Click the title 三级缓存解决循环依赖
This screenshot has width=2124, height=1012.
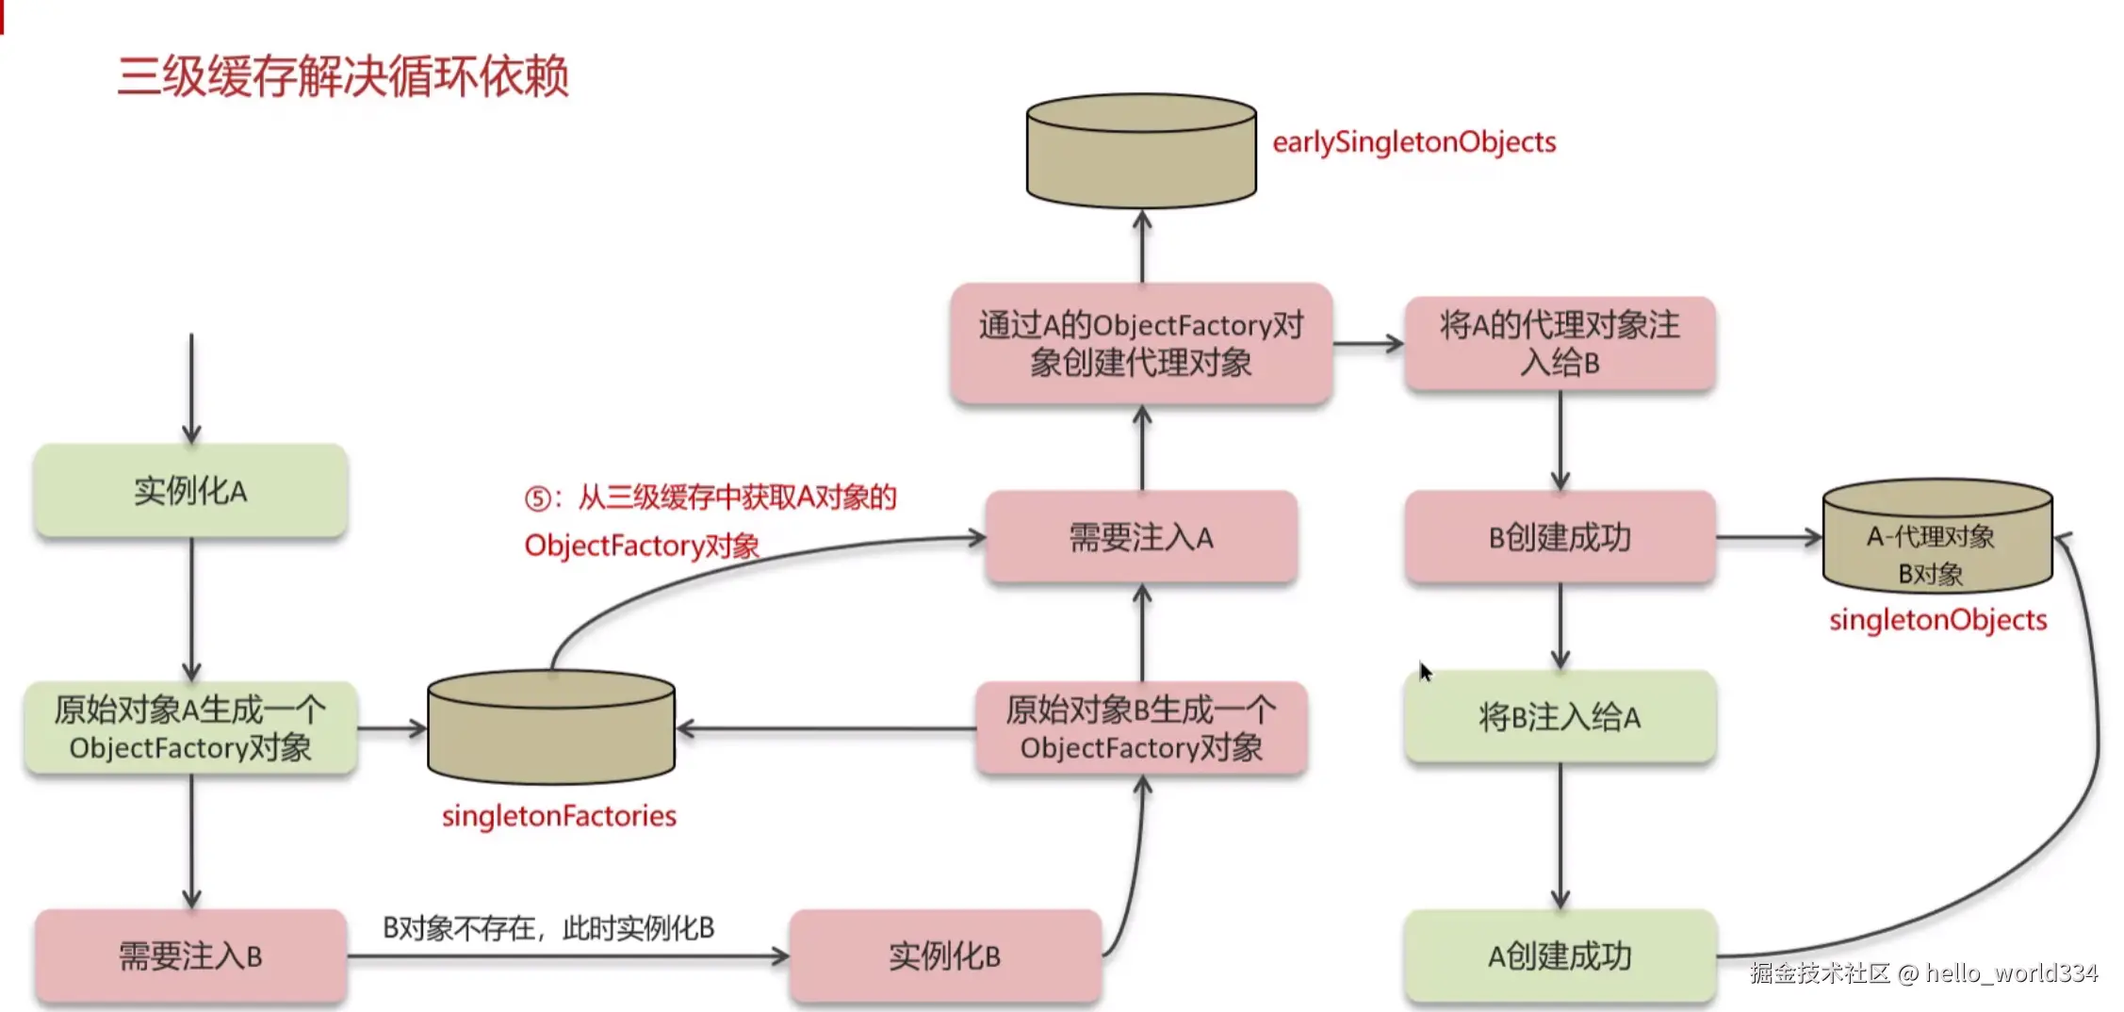[x=343, y=76]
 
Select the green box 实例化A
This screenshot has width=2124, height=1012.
[x=191, y=491]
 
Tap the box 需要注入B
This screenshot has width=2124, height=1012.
[x=191, y=956]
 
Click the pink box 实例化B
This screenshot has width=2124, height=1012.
[x=945, y=956]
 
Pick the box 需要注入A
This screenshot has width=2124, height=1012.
[x=1141, y=537]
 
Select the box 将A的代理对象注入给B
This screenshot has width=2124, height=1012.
[x=1560, y=344]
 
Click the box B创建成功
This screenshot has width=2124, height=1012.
[x=1560, y=537]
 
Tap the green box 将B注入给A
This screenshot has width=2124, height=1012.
[x=1560, y=717]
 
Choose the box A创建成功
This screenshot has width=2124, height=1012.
[x=1560, y=956]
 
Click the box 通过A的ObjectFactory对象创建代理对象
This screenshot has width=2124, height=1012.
[x=1141, y=344]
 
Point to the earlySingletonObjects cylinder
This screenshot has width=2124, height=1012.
[x=1141, y=151]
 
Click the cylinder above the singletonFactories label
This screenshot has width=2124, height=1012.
[x=551, y=727]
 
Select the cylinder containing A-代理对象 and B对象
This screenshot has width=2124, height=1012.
[x=1937, y=537]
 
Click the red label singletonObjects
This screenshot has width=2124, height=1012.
[x=1938, y=620]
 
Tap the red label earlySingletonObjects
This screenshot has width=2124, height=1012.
[x=1414, y=142]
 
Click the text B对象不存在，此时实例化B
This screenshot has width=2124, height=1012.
[x=548, y=929]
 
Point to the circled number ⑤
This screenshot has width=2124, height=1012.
[x=538, y=498]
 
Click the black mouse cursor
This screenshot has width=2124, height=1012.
[x=1426, y=672]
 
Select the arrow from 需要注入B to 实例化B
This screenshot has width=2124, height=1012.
[x=568, y=956]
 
